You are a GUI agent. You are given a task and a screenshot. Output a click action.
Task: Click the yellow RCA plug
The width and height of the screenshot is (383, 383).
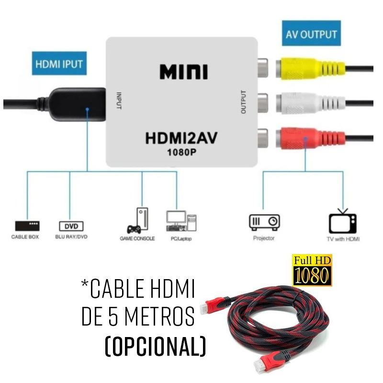tap(311, 69)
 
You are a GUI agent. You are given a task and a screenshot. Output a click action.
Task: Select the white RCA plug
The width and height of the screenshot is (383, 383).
tap(311, 102)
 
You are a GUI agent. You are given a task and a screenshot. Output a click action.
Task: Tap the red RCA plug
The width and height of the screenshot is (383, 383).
tap(311, 136)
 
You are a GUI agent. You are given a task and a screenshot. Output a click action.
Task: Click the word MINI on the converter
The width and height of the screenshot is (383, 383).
tap(183, 72)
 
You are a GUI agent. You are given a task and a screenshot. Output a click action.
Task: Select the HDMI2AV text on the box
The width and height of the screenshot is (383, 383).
tap(181, 139)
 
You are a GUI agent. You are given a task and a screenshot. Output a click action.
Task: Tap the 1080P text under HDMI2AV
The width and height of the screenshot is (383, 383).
tap(181, 153)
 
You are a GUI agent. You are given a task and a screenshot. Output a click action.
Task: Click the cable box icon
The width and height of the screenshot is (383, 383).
tap(27, 225)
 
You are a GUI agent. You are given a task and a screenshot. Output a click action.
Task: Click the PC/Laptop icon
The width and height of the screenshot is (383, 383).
tap(181, 221)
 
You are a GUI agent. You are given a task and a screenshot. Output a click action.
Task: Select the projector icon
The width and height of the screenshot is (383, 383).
tap(264, 222)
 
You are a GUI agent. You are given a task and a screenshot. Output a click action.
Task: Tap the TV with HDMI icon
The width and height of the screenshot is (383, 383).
tap(343, 222)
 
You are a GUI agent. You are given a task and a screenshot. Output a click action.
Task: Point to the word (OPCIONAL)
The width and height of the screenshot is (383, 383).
tap(155, 347)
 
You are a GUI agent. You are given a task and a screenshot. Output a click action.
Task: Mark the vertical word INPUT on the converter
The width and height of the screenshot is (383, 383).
tap(119, 101)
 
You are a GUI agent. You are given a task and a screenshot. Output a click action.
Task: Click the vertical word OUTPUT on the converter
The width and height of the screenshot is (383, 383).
tap(243, 102)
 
